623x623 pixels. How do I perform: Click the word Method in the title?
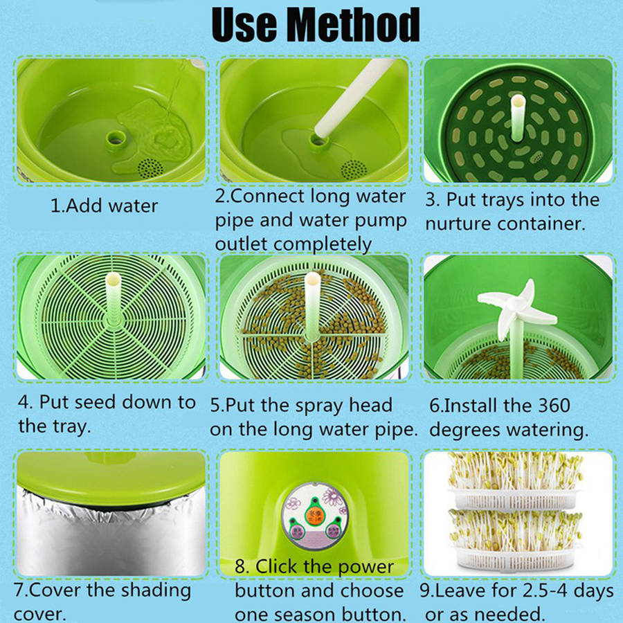[353, 25]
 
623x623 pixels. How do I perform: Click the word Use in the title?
[245, 25]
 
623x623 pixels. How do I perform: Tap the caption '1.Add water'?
[105, 206]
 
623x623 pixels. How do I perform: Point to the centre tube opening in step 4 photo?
[112, 279]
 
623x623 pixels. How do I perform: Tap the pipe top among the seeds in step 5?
[312, 280]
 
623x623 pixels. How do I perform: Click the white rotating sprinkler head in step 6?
[515, 305]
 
